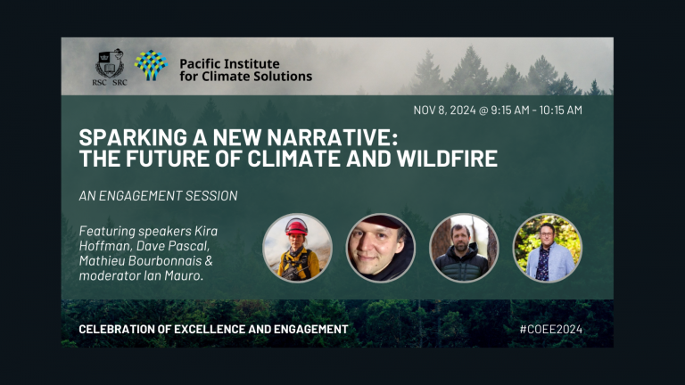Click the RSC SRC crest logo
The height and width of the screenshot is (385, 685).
pyautogui.click(x=111, y=65)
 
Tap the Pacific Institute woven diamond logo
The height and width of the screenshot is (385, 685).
pyautogui.click(x=151, y=65)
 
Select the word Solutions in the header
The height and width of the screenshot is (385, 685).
pyautogui.click(x=285, y=77)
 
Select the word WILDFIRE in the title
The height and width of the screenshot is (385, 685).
pyautogui.click(x=446, y=160)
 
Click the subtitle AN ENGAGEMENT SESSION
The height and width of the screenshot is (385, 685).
pyautogui.click(x=158, y=195)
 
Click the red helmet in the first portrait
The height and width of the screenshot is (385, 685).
pyautogui.click(x=296, y=228)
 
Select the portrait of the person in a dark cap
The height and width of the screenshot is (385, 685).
pyautogui.click(x=380, y=247)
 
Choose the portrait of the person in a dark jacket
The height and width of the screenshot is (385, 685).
pyautogui.click(x=464, y=247)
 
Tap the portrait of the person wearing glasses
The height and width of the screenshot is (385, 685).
pyautogui.click(x=547, y=247)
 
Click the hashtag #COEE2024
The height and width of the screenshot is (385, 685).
pyautogui.click(x=551, y=330)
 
